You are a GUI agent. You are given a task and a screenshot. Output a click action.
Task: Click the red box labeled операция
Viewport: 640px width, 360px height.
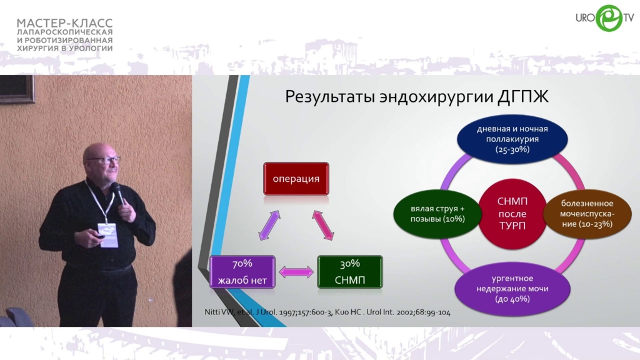tap(296, 178)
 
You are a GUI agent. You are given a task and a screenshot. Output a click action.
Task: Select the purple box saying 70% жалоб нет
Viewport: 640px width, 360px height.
tap(242, 272)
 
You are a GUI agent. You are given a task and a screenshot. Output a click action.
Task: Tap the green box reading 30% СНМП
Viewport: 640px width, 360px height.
tap(350, 272)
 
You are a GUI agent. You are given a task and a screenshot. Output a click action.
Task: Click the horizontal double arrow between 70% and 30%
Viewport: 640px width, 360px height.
tap(296, 272)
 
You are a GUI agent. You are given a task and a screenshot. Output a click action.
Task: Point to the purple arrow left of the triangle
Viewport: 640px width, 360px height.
tap(269, 225)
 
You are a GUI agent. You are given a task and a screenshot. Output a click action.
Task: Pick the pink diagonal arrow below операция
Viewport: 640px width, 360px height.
tap(323, 225)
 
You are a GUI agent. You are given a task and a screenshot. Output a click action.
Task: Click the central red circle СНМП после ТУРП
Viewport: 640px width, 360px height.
tap(512, 214)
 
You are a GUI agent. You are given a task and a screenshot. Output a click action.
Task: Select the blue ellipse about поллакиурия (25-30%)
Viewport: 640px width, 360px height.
tap(512, 139)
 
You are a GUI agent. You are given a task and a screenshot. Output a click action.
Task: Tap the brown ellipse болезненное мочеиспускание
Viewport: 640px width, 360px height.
tap(587, 214)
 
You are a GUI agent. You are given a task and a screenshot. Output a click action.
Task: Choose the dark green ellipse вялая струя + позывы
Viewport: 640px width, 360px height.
tap(437, 214)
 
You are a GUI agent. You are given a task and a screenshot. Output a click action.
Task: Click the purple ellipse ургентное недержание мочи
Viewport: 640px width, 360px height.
tap(512, 289)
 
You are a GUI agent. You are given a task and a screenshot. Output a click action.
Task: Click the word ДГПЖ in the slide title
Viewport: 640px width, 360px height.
tap(522, 97)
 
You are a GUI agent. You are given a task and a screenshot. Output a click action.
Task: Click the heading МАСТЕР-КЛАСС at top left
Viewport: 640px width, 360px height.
tap(64, 23)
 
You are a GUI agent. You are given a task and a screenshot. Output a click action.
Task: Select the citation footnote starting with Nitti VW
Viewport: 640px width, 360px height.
tap(327, 312)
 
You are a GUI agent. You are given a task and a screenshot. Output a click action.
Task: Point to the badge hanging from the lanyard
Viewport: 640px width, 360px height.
tap(107, 235)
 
